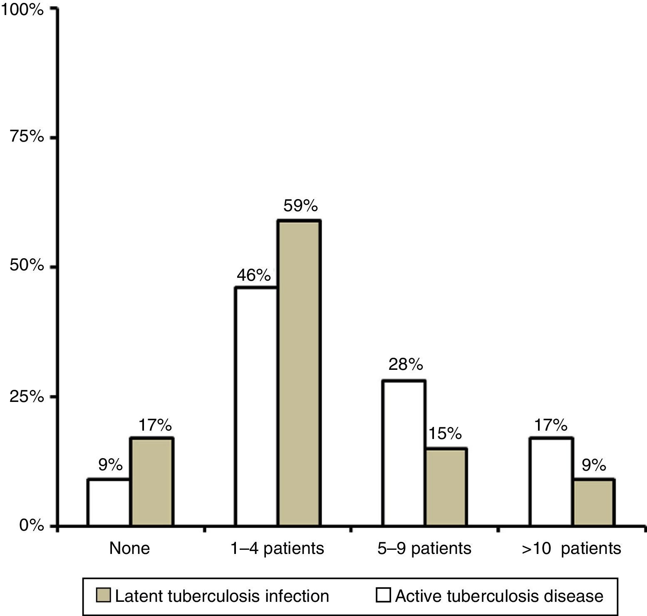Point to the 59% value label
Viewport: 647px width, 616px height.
tap(300, 206)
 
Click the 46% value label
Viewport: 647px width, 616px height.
tap(254, 275)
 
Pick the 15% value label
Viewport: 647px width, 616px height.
tap(445, 434)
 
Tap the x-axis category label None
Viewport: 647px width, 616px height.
tap(129, 548)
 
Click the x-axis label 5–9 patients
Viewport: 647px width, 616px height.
tap(424, 548)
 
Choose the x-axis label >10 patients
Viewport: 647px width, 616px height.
tap(571, 548)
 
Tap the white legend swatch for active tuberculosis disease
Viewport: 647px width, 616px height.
tap(383, 596)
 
